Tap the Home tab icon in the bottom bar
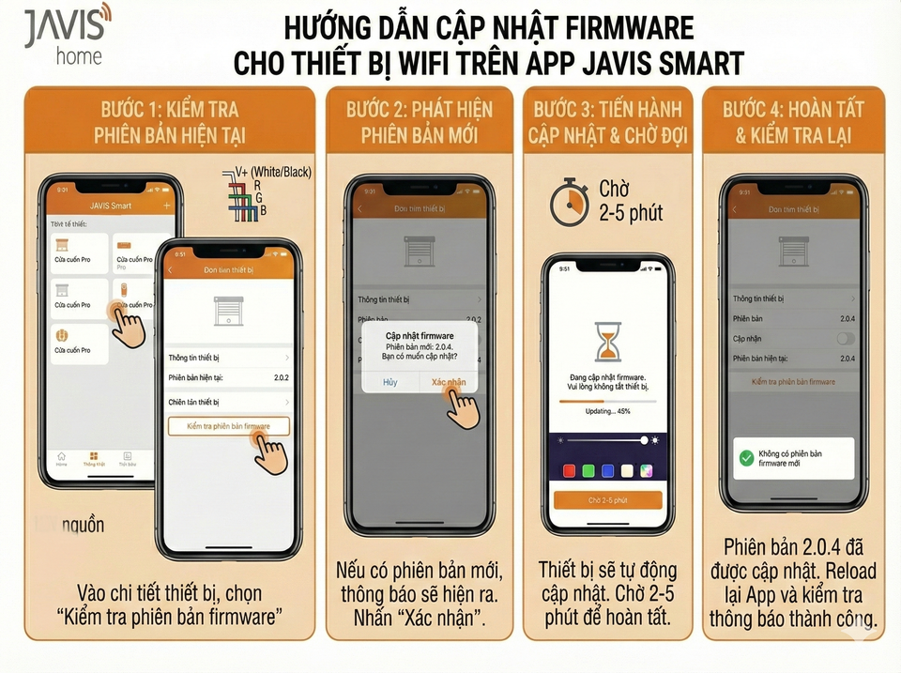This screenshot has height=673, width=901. pos(62,458)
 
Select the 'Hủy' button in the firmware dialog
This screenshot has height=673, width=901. pos(390,382)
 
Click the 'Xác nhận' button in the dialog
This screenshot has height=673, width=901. pos(448,382)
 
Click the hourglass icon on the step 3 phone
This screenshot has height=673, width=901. pos(607,342)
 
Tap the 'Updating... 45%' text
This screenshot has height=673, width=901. pos(607,411)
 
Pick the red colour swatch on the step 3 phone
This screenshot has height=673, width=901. pos(569,470)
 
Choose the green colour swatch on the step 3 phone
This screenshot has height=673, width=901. pos(588,470)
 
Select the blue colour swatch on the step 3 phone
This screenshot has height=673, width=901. pos(608,470)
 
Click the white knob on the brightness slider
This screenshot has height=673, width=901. pos(644,439)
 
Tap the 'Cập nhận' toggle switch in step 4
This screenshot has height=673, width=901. pos(845,338)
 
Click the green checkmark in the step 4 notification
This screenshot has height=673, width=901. pos(746,458)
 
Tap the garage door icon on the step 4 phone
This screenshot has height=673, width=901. pos(793,251)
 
